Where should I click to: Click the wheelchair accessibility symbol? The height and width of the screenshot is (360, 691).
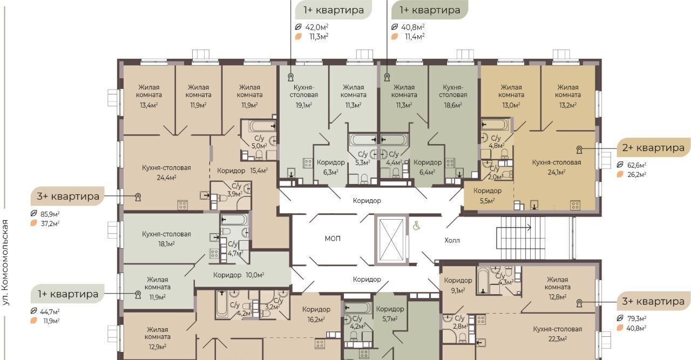416,226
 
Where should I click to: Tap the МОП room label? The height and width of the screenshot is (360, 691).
333,239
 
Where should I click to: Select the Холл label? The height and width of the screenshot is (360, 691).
452,240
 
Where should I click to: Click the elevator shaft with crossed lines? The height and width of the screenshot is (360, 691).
391,240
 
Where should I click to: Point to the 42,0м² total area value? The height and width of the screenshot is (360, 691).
317,27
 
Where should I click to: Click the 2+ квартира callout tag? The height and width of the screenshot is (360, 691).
653,148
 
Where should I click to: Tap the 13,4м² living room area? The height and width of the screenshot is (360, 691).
148,105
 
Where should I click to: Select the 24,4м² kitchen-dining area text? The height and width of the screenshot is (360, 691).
166,178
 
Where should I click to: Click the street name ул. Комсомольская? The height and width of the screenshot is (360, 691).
5,262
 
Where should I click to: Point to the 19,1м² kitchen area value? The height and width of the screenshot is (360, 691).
304,105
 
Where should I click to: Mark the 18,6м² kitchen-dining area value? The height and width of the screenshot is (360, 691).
453,105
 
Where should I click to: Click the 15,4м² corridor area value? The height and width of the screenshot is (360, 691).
259,170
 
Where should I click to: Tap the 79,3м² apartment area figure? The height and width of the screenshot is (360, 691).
636,318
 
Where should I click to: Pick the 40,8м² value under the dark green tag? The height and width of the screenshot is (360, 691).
413,27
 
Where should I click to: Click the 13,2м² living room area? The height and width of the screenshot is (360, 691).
568,105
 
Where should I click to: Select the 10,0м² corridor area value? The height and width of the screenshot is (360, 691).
255,275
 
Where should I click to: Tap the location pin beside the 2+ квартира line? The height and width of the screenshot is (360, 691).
579,150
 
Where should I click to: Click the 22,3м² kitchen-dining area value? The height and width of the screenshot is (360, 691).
558,339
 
